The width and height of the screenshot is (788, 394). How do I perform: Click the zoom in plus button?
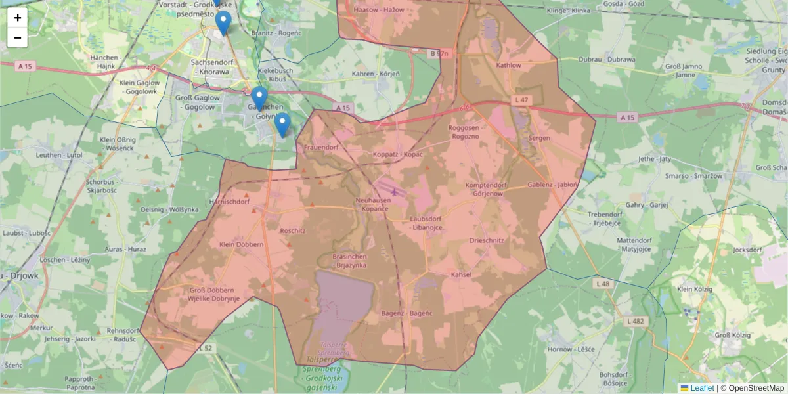18,18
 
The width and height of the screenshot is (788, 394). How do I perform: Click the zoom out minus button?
18,37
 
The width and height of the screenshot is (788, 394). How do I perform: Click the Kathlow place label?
509,66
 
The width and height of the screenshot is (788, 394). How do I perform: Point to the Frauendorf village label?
321,148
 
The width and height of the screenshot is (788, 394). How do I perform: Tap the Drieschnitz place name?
487,240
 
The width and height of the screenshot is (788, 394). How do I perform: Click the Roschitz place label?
293,231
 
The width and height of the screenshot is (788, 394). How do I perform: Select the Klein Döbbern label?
242,244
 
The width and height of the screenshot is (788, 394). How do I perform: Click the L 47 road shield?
521,100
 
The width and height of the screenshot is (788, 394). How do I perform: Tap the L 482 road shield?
636,321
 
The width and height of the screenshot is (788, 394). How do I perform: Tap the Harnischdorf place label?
229,202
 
